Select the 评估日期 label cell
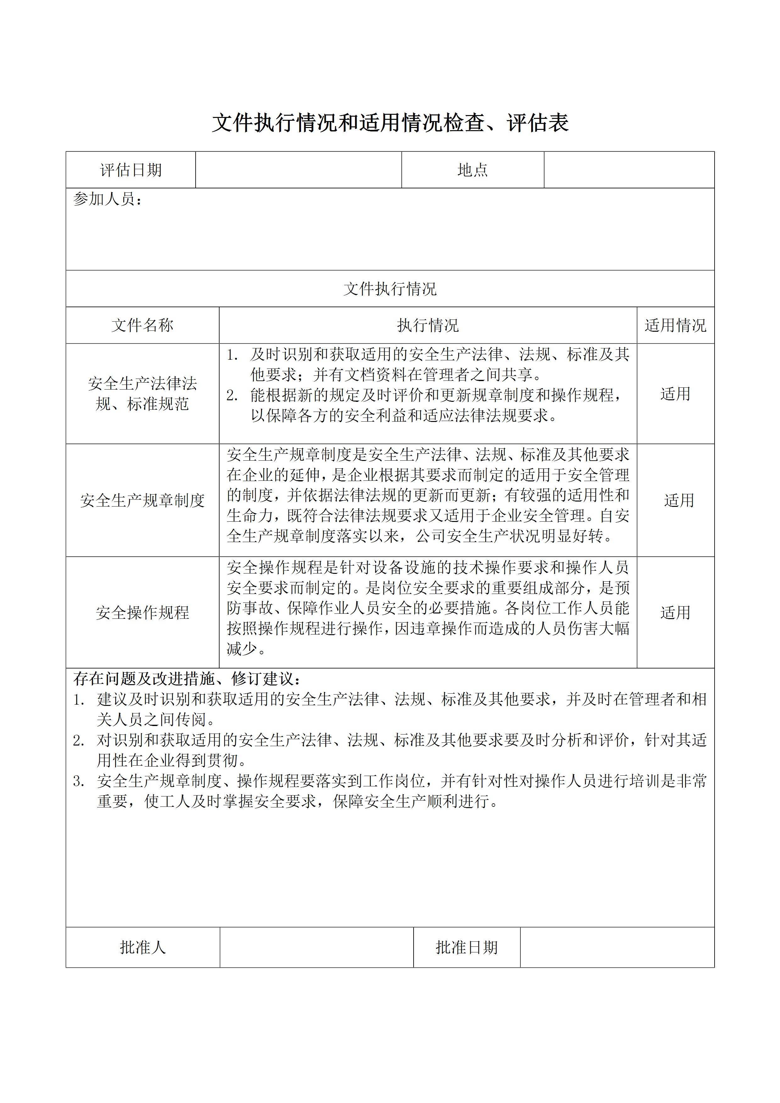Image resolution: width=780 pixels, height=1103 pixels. pos(131,170)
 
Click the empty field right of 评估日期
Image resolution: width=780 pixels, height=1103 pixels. pos(298,170)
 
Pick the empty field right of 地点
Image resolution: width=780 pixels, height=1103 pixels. pos(629,170)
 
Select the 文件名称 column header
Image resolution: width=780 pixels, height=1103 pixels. pos(142,325)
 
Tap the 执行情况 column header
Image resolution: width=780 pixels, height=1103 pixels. pos(428,325)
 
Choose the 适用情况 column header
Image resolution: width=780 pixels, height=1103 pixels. pos(675,325)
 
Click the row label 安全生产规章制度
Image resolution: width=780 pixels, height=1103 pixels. pos(142,501)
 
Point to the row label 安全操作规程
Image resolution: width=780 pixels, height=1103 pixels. pos(142,612)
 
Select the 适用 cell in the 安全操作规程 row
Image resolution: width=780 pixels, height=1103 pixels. pos(675,612)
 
